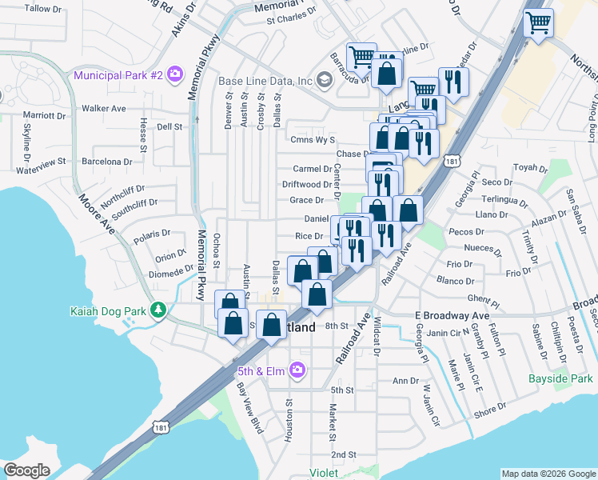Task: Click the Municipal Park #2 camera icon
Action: [x=173, y=76]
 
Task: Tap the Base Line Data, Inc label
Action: [x=265, y=81]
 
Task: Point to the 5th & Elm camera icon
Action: [x=297, y=370]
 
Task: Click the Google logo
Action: [x=26, y=470]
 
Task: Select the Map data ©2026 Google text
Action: [x=548, y=474]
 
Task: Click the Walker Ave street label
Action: [x=104, y=108]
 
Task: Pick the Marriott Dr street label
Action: [x=45, y=116]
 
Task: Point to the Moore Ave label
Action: [x=97, y=216]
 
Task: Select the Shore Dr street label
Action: [x=488, y=412]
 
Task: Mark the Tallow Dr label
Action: [x=43, y=8]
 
